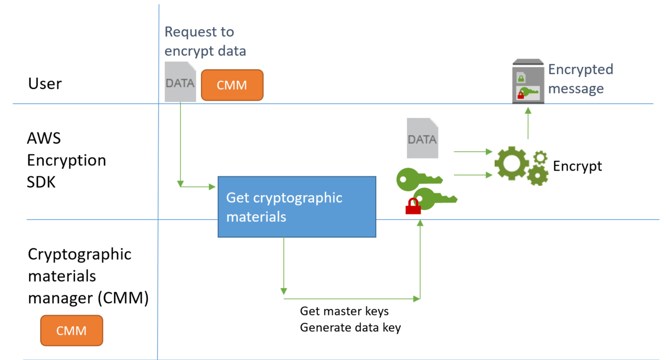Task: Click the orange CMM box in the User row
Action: pos(232,85)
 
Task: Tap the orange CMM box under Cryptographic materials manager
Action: pos(71,330)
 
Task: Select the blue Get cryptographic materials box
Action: pos(296,207)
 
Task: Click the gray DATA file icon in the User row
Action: pos(180,82)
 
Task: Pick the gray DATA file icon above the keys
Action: pos(422,138)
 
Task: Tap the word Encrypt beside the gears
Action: pos(577,166)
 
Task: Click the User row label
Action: pos(45,83)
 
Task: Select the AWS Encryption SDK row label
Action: pos(66,160)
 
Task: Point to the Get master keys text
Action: pos(344,311)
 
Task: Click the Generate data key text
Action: pos(350,328)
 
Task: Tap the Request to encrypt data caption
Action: pos(205,41)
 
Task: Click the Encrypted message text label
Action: pos(580,79)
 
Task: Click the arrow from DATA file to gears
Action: pos(473,152)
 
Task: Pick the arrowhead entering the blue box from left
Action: pos(213,186)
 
